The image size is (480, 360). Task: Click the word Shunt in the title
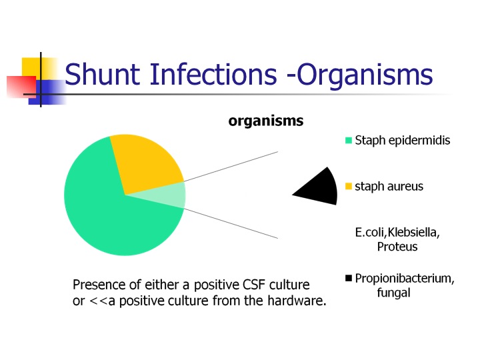point(103,74)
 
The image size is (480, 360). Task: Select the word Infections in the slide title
point(213,74)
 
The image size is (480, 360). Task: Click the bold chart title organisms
point(266,121)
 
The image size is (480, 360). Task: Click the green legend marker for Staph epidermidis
point(349,141)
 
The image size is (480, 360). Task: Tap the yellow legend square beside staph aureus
point(349,186)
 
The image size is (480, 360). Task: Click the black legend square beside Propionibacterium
point(349,278)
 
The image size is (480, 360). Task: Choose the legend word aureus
point(405,187)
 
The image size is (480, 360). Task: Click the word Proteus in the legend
point(397,247)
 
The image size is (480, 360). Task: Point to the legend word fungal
point(394,293)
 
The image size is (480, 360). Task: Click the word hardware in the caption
point(297,301)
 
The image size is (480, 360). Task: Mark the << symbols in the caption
point(98,301)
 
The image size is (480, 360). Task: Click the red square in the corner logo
point(21,87)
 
